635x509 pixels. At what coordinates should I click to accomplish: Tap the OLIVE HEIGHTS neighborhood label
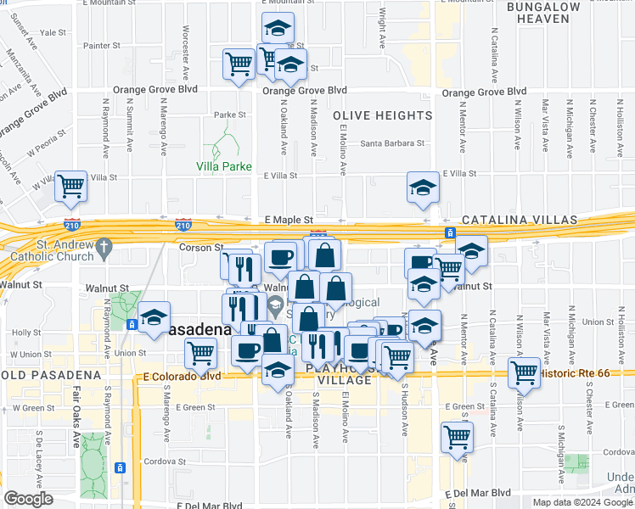point(382,115)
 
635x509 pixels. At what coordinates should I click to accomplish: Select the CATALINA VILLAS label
point(519,220)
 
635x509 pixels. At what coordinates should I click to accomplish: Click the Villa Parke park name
point(224,166)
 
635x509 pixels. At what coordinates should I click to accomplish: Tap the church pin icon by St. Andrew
point(104,248)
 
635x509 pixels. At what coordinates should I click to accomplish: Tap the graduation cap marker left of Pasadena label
point(154,317)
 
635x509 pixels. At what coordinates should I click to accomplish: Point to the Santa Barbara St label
point(391,143)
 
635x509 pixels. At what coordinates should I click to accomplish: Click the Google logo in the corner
point(28,499)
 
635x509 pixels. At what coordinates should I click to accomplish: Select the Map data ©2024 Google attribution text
point(582,502)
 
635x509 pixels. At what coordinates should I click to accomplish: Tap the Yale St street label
point(53,32)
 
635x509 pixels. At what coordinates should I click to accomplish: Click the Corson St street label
point(200,247)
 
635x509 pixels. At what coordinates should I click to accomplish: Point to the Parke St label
point(229,115)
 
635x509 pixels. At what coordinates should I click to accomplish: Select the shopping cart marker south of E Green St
point(457,437)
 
